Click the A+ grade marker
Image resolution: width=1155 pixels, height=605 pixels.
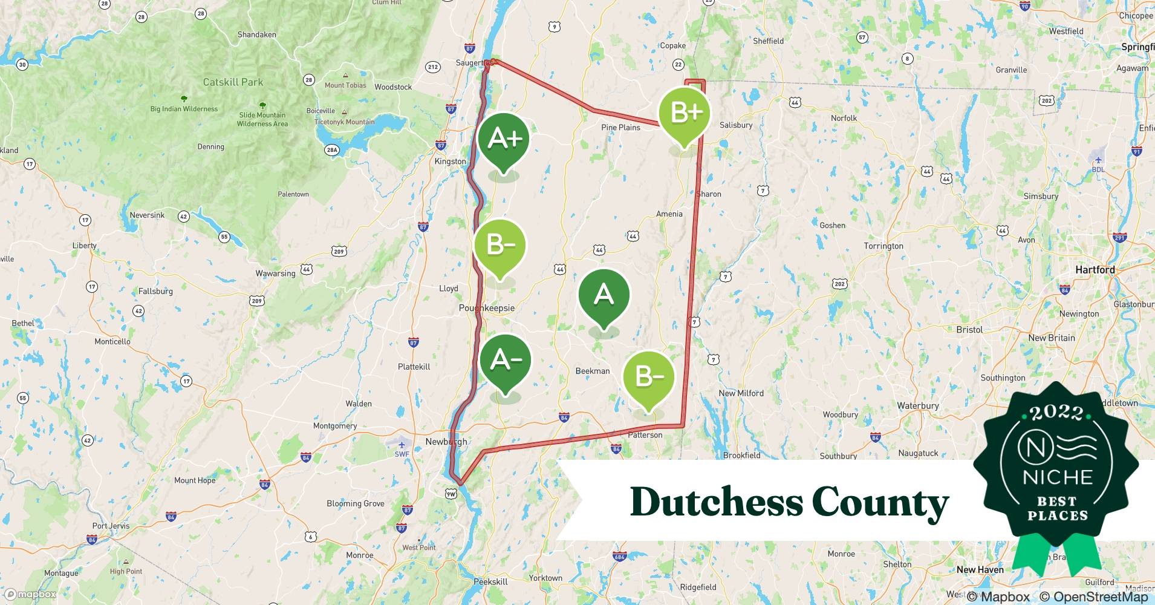point(504,139)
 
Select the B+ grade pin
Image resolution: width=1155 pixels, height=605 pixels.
point(685,113)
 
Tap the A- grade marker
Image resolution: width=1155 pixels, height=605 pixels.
point(506,361)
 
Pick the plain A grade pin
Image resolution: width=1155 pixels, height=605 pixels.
point(604,295)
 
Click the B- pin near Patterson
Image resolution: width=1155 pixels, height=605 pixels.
point(649,377)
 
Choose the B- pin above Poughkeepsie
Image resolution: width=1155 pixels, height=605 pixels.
point(499,245)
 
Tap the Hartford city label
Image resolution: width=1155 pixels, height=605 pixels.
point(1095,270)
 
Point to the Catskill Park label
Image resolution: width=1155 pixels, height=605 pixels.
point(233,82)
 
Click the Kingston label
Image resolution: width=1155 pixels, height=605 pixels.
point(450,162)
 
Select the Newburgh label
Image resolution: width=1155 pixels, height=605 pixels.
point(446,442)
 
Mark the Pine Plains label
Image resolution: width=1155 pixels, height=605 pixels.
point(620,128)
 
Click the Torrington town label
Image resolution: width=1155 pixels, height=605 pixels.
point(883,246)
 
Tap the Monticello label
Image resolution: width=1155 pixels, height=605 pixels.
point(112,342)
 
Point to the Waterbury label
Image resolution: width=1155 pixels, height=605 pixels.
point(917,406)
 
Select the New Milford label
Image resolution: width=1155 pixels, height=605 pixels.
point(741,393)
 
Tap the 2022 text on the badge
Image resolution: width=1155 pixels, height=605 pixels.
point(1056,413)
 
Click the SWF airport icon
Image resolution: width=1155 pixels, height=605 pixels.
point(402,446)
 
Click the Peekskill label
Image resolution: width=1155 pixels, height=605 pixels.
point(490,582)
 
